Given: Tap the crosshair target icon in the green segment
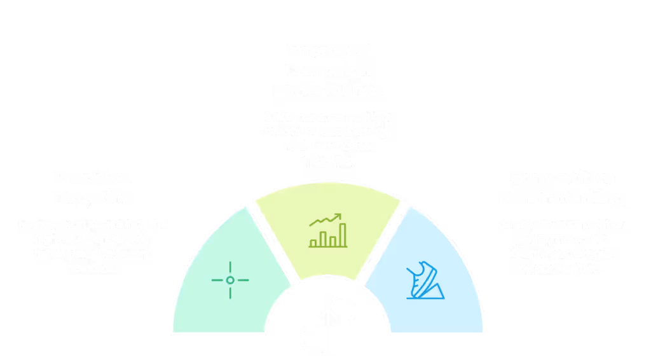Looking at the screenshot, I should (x=230, y=280).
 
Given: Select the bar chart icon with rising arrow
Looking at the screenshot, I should (x=328, y=230).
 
